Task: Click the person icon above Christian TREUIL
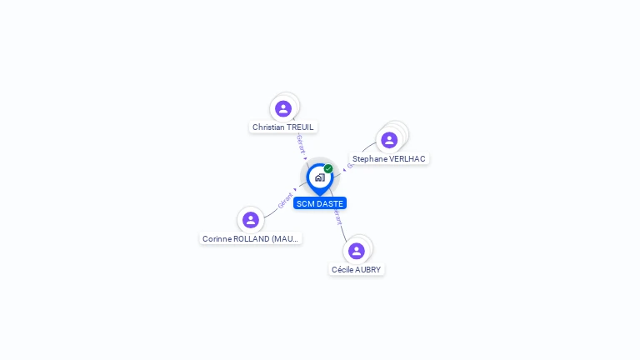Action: (x=283, y=108)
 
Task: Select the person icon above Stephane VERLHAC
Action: (x=389, y=140)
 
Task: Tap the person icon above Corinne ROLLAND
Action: (x=251, y=220)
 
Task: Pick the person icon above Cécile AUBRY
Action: (x=357, y=251)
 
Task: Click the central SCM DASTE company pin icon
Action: (x=319, y=177)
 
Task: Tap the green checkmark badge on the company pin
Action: (x=328, y=169)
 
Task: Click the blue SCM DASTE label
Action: (x=319, y=203)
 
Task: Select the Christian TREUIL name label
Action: (x=283, y=127)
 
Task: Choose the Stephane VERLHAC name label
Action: (x=388, y=158)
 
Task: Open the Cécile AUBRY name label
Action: (x=357, y=269)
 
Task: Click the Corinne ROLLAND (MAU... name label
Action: (x=251, y=238)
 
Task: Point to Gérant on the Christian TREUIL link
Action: (x=300, y=142)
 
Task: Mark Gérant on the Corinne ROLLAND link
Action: (x=285, y=201)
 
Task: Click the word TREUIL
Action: (x=302, y=127)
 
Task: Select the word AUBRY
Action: (x=367, y=269)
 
